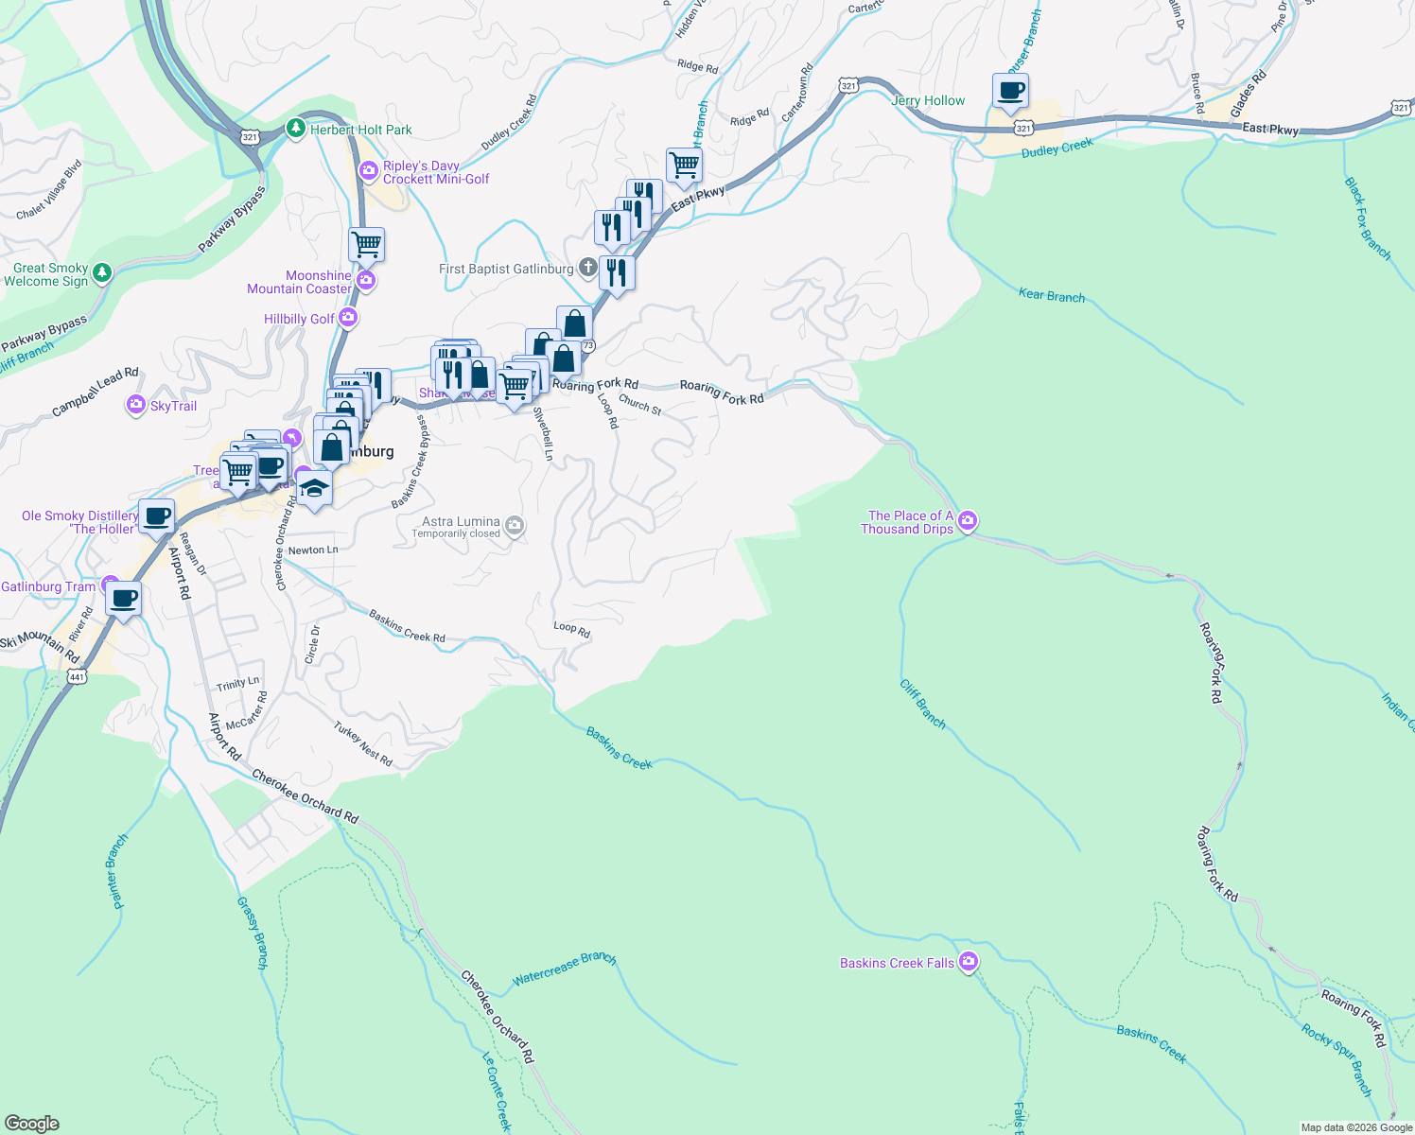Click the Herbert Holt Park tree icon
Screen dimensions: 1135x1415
click(297, 128)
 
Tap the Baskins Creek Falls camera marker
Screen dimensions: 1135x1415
click(968, 963)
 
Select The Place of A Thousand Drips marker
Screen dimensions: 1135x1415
click(967, 520)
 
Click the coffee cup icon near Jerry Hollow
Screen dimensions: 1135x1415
click(1011, 92)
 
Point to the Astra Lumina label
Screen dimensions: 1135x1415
click(461, 522)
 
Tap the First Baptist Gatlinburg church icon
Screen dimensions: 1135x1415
click(587, 269)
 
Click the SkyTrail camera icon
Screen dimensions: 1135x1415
click(136, 406)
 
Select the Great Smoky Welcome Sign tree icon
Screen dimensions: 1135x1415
click(102, 273)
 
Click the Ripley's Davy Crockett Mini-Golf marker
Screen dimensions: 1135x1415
click(368, 171)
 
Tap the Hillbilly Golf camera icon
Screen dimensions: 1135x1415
click(348, 318)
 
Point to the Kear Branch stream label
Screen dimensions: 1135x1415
click(1051, 295)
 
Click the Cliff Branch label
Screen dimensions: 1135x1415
click(922, 704)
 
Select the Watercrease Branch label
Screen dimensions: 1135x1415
click(564, 969)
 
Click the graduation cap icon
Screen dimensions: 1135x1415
click(314, 489)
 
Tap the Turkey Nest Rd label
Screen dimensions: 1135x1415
click(362, 743)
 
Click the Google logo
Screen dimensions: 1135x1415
click(32, 1123)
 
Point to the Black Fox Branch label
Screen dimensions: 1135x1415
click(1368, 218)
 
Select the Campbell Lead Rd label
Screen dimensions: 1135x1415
click(95, 392)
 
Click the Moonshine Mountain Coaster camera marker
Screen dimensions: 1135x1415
click(366, 281)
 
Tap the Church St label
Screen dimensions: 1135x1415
click(640, 405)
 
